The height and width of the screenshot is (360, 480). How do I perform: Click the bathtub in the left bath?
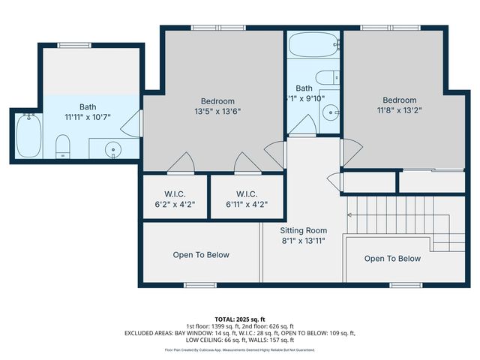pyautogui.click(x=29, y=136)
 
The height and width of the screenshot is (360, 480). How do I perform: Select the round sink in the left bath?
pyautogui.click(x=113, y=148)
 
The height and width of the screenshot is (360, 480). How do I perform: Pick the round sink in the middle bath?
pyautogui.click(x=331, y=112)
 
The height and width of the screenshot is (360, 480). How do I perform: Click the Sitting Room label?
pyautogui.click(x=303, y=230)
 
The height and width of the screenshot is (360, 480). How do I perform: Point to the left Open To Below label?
pyautogui.click(x=201, y=255)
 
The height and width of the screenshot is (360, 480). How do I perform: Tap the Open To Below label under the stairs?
pyautogui.click(x=392, y=259)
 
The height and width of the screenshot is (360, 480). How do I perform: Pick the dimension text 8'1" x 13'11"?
pyautogui.click(x=303, y=241)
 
